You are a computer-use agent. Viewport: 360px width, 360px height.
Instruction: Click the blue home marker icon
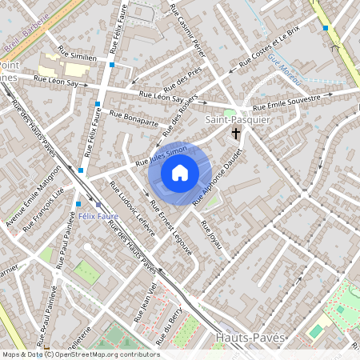click(x=180, y=173)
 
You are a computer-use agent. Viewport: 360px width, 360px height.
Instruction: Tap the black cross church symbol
click(x=236, y=134)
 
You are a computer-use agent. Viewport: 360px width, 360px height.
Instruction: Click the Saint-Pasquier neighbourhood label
click(x=238, y=120)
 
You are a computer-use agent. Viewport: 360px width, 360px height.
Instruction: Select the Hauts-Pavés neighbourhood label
click(x=250, y=338)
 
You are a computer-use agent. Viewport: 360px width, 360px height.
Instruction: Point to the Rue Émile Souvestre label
click(x=286, y=103)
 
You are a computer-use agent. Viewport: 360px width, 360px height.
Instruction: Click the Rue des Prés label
click(x=182, y=82)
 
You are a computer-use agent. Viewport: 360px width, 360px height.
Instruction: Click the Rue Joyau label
click(x=210, y=231)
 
